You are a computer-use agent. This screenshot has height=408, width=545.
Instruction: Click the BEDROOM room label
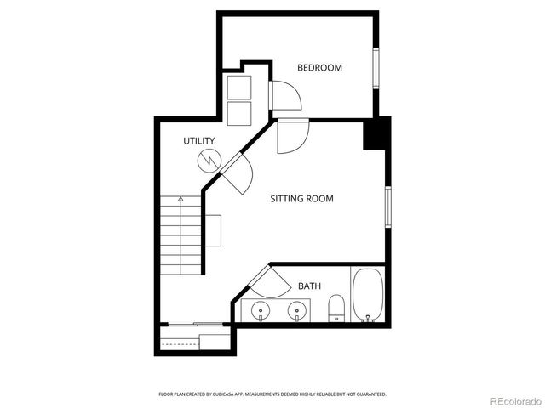(319, 67)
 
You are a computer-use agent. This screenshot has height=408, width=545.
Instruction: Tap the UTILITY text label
(198, 141)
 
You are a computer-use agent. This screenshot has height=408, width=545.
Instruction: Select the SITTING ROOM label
(301, 199)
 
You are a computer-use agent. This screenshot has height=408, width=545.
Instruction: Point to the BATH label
(309, 286)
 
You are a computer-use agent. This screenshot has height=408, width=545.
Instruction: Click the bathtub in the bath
(368, 295)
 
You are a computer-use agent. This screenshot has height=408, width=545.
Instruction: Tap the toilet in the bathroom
(336, 307)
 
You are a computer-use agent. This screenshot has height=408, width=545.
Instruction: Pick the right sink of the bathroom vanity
(296, 309)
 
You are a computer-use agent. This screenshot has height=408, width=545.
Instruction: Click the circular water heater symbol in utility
(208, 159)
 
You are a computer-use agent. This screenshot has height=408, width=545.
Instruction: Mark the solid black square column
(376, 133)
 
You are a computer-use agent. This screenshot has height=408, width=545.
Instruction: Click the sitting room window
(387, 207)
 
